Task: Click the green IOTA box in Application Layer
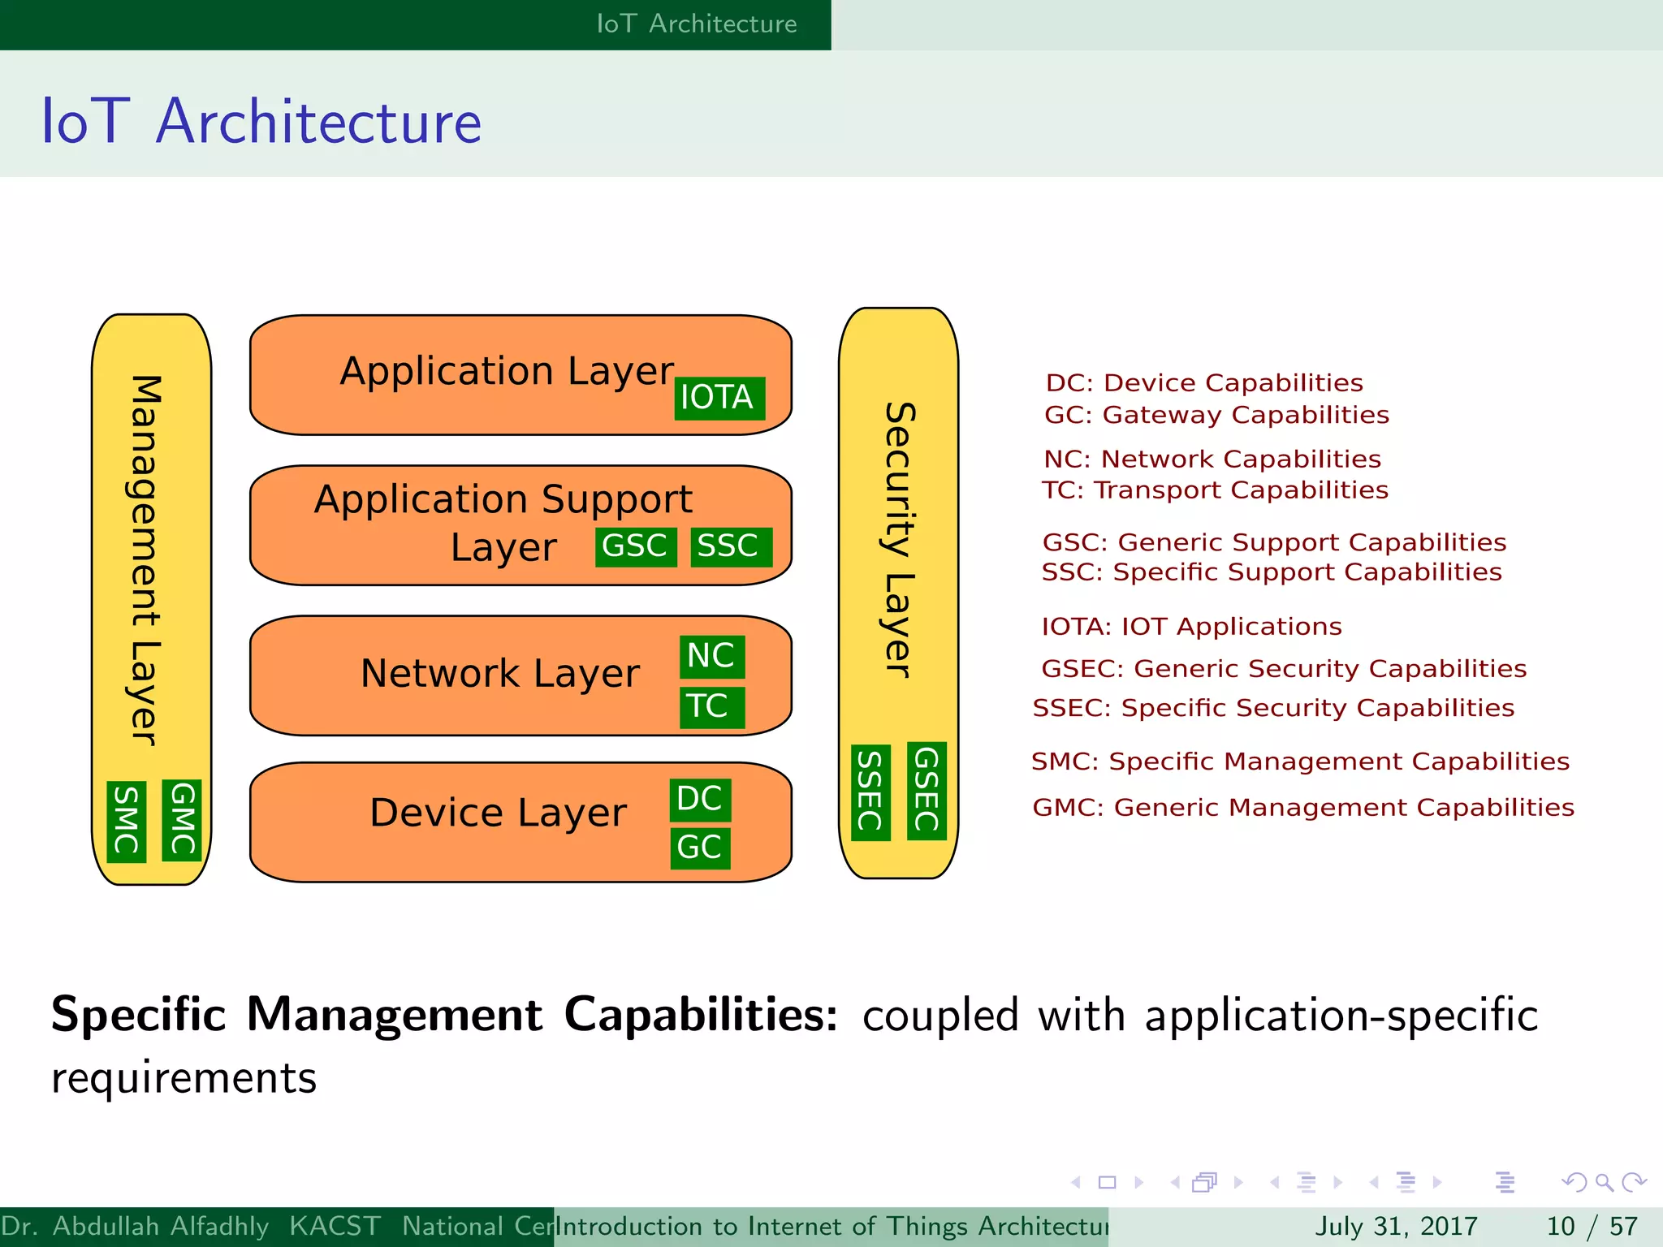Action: [x=719, y=398]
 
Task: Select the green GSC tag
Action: [x=636, y=546]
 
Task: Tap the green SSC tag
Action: [x=730, y=546]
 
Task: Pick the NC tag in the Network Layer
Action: [x=712, y=656]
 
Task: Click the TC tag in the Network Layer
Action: [x=711, y=706]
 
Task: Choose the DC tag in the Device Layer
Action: [x=700, y=799]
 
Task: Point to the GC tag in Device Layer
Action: [x=700, y=848]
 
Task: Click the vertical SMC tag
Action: [x=127, y=821]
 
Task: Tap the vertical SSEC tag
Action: [x=870, y=792]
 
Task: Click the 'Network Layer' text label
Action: [x=500, y=674]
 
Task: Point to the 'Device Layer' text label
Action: [x=498, y=813]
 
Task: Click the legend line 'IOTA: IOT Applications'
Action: [x=1191, y=627]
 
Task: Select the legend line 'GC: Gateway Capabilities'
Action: [x=1216, y=415]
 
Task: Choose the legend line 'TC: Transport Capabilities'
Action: [x=1215, y=490]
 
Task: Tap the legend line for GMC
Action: [x=1302, y=808]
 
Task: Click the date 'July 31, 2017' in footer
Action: [x=1396, y=1226]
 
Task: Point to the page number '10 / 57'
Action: [x=1592, y=1226]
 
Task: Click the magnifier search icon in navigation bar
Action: [x=1604, y=1182]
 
